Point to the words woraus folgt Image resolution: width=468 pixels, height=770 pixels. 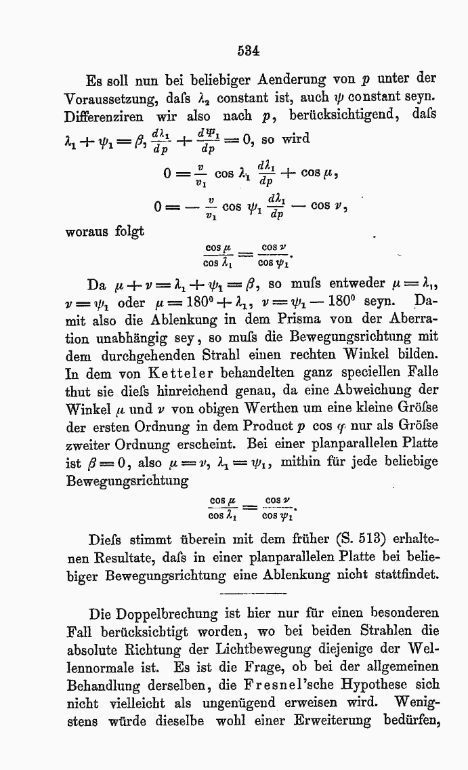104,232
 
